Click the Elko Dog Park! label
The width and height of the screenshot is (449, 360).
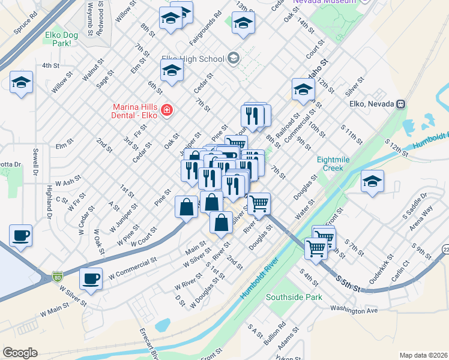coord(62,39)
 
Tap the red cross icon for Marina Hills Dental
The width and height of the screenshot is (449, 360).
coord(166,110)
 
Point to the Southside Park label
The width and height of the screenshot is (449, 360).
coord(294,297)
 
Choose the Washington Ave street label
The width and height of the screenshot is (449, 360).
coord(354,310)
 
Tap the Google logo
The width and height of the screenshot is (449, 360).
coord(20,353)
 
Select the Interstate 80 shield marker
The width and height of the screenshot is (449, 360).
coord(58,277)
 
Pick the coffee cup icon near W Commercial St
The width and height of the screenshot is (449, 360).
coord(91,278)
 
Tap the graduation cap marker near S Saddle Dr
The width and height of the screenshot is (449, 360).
coord(372,181)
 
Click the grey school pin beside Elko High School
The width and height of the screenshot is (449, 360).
coord(233,59)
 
